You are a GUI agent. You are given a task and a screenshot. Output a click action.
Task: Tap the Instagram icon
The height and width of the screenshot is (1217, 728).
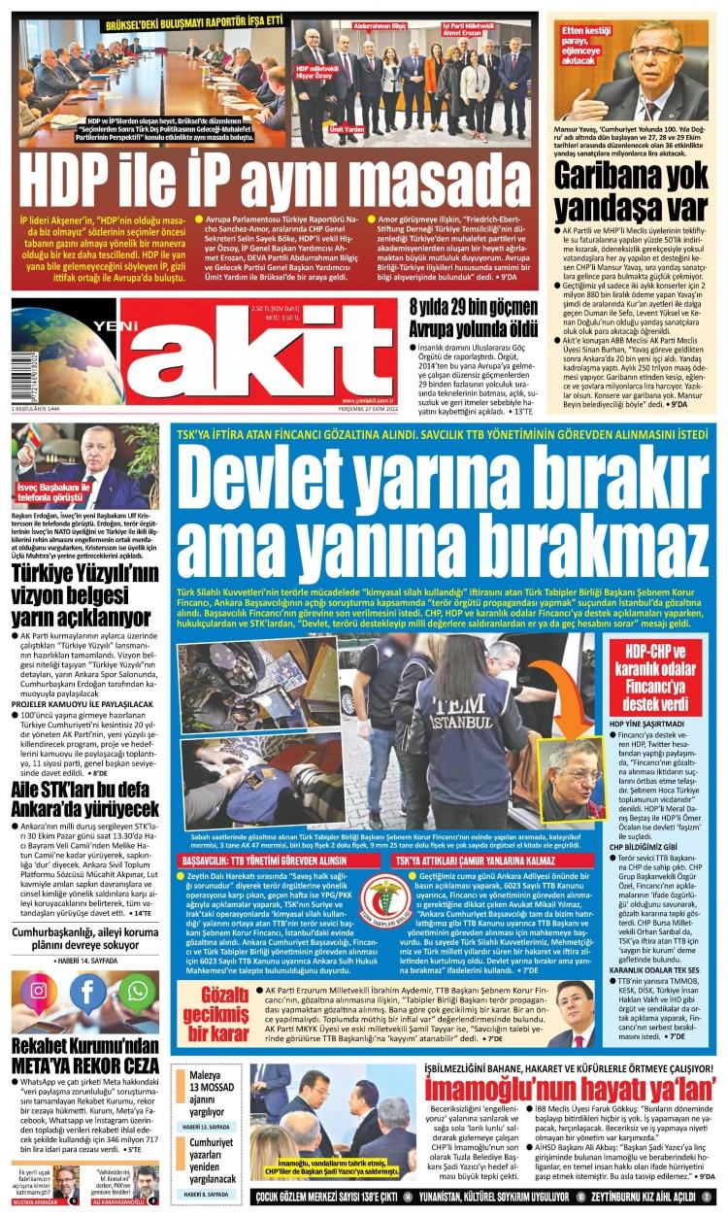pos(39,991)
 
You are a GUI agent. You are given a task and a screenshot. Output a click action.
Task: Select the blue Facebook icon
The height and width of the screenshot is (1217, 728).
pos(88,991)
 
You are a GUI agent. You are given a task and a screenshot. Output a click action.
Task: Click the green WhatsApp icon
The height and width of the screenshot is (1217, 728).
pos(138,991)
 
